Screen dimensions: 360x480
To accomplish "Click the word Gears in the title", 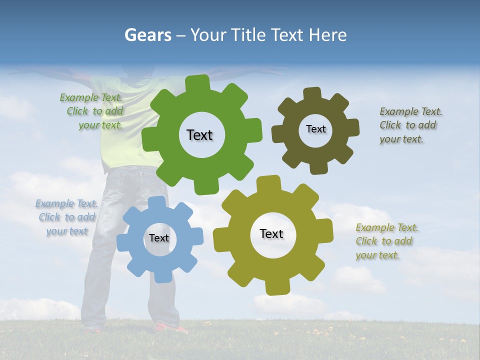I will (x=146, y=35).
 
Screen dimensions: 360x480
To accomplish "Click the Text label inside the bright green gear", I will (x=199, y=135).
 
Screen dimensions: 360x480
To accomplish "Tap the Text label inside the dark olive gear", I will (x=315, y=129).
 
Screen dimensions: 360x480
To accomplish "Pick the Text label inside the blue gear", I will (x=159, y=238).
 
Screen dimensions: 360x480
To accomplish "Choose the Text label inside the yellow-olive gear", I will (x=271, y=233).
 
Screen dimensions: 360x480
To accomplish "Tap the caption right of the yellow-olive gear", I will (x=387, y=241).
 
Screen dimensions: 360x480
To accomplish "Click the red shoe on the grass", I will (x=170, y=328).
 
